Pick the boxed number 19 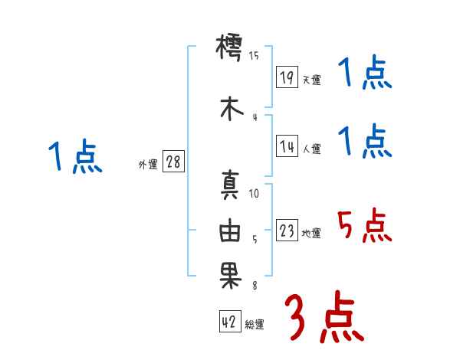pos(287,78)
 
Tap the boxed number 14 pos(287,148)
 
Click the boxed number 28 pos(173,162)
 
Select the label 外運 pos(147,164)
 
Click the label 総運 pos(254,325)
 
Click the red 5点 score pos(364,224)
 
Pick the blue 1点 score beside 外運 pos(74,158)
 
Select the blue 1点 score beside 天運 pos(364,74)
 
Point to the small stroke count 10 pos(255,194)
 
